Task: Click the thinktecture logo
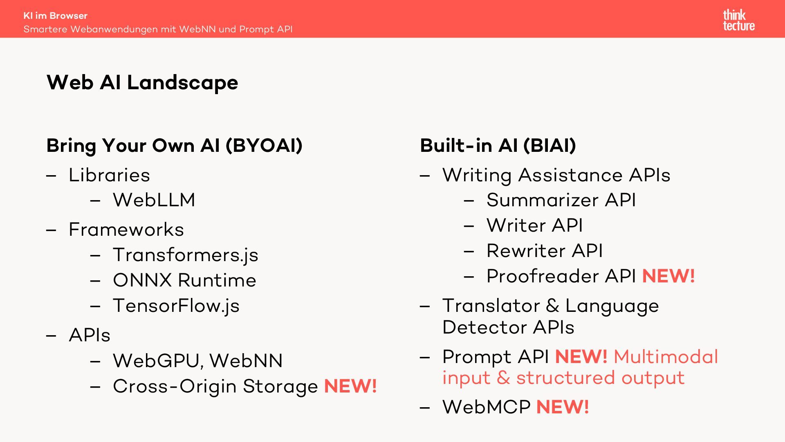coord(738,20)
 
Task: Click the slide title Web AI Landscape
coord(142,83)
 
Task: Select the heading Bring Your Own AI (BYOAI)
coord(174,146)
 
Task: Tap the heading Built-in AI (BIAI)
coord(498,146)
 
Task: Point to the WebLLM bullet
coord(154,200)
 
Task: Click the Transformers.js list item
coord(185,255)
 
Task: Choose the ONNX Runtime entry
coord(184,280)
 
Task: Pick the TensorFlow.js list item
coord(176,306)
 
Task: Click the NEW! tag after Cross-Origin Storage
coord(350,386)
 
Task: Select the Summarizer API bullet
coord(561,200)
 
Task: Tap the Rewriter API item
coord(545,251)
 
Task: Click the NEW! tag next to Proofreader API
coord(668,276)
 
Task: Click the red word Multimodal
coord(666,356)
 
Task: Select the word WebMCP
coord(486,407)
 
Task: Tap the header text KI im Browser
coord(56,16)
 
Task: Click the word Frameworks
coord(126,230)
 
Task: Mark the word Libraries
coord(109,175)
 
